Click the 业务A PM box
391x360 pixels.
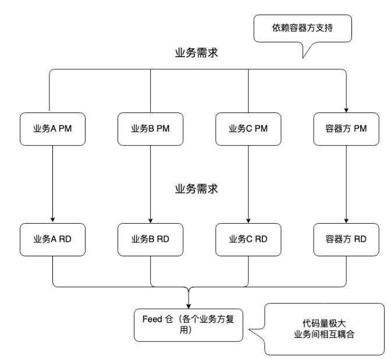53,129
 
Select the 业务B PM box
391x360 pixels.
151,129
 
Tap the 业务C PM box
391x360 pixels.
249,129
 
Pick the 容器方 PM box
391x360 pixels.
347,129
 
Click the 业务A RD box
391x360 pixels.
53,238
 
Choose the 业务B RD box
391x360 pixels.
151,238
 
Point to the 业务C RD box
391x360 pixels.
249,238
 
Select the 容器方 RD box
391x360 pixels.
347,238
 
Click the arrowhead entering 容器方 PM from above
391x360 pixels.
347,108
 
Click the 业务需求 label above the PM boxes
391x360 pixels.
198,53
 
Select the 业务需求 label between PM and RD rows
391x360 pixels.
198,189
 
